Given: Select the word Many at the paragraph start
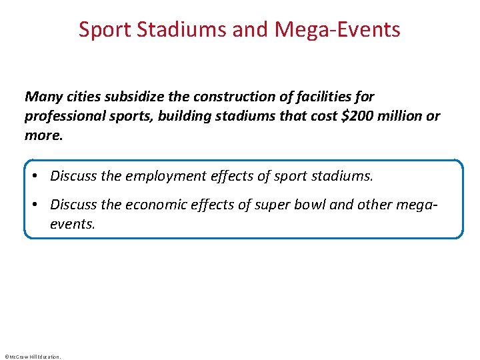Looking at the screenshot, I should [x=43, y=97].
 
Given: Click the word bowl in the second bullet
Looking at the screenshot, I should [x=309, y=205].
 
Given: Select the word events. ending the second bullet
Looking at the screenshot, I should [x=73, y=224].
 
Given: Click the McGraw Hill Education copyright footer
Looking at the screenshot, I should [x=32, y=357].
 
